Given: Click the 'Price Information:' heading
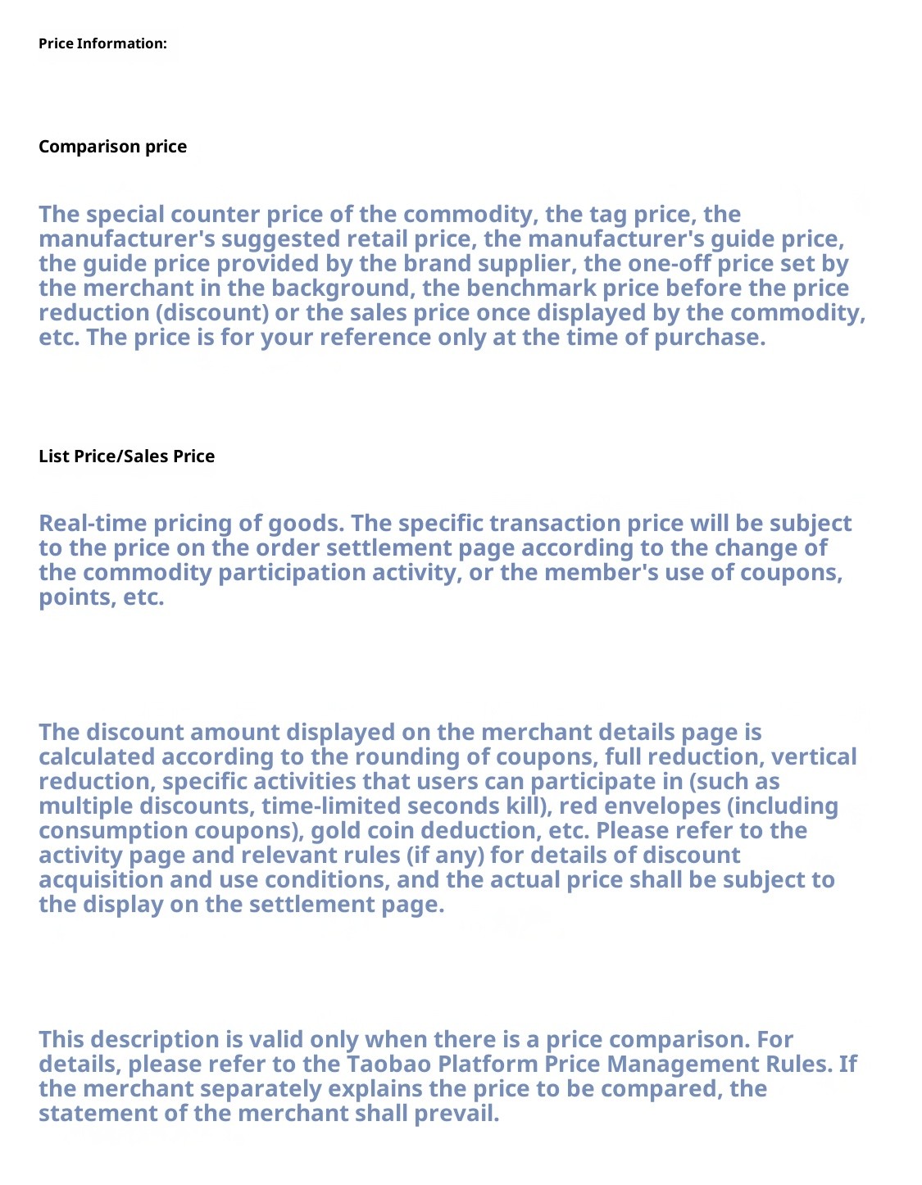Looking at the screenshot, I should click(102, 43).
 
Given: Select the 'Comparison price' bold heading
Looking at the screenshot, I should click(112, 147).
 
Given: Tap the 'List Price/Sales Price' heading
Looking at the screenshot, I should click(126, 456).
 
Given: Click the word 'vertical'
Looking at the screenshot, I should click(814, 757).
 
